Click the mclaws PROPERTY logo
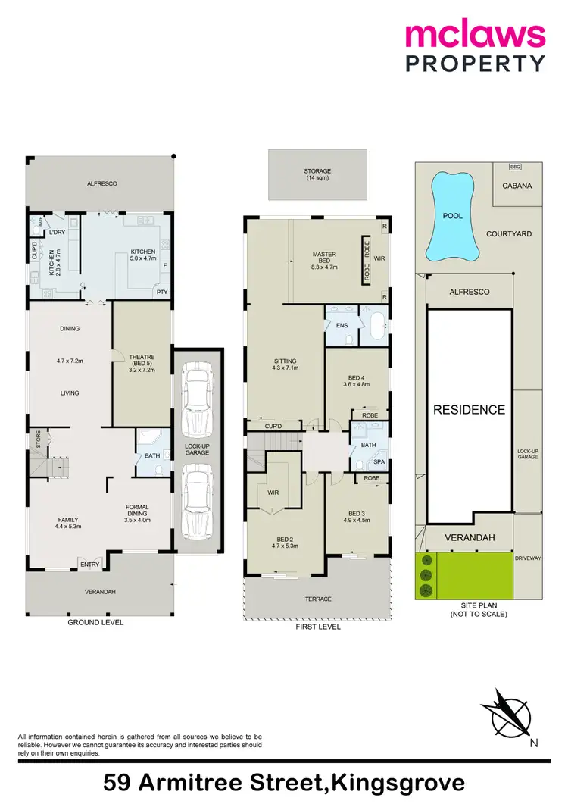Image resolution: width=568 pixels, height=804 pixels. (x=474, y=46)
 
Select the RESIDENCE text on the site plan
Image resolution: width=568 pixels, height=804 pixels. (x=469, y=410)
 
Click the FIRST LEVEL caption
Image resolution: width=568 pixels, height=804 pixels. (x=318, y=627)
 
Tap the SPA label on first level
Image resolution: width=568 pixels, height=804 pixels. (x=379, y=461)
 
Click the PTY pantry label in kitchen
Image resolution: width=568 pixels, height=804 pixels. (x=161, y=291)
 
